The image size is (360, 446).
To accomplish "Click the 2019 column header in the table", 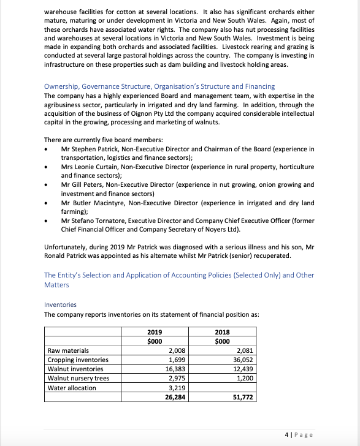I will click(155, 333).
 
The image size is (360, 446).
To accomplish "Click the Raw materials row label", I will click(68, 350).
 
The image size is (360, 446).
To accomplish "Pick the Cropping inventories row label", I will click(78, 360).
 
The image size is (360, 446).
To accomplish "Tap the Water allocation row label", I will click(72, 388).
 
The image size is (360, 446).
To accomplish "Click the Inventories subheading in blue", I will click(60, 304).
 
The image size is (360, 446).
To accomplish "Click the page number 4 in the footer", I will click(287, 434).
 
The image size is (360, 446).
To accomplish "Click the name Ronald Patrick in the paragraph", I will click(67, 256).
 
